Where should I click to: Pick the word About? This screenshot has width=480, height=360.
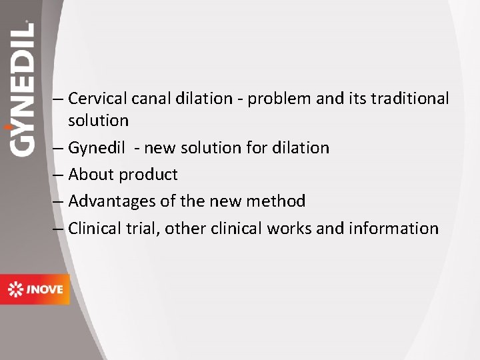91,175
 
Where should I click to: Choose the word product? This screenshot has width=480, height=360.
148,175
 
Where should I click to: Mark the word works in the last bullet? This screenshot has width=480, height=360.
290,228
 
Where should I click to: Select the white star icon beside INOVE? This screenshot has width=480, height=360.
15,289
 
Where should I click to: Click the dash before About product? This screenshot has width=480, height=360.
58,175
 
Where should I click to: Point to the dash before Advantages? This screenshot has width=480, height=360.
58,201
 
